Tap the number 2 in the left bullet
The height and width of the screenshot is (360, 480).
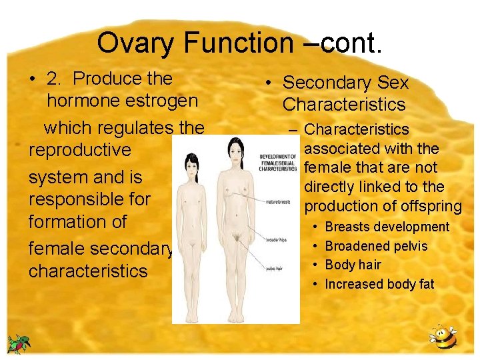pyautogui.click(x=53, y=79)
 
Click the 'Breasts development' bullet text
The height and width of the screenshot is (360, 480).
pyautogui.click(x=387, y=227)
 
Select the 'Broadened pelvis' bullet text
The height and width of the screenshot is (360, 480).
pyautogui.click(x=376, y=246)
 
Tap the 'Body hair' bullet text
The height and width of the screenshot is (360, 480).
pyautogui.click(x=353, y=265)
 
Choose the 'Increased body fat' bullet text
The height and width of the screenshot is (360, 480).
pyautogui.click(x=379, y=284)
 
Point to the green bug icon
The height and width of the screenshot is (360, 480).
pyautogui.click(x=19, y=343)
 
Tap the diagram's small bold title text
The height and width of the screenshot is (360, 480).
pyautogui.click(x=278, y=163)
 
